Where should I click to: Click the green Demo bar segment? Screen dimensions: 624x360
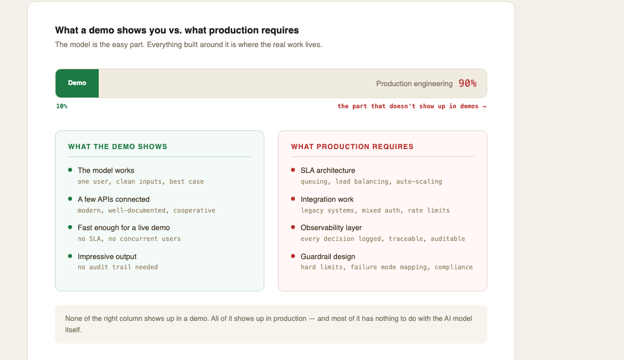point(77,83)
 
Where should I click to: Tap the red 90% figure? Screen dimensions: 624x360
point(467,83)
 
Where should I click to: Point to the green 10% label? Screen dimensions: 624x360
point(62,106)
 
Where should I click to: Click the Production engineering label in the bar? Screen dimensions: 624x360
point(414,83)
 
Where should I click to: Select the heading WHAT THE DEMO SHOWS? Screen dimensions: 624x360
point(117,147)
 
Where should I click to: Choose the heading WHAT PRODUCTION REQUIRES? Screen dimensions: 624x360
point(352,147)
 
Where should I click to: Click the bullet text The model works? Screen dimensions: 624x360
point(106,170)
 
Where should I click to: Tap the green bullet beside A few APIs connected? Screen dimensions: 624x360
point(70,198)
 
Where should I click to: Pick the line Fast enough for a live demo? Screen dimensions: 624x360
point(124,227)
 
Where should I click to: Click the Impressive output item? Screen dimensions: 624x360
point(107,257)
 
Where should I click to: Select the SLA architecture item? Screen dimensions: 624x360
point(328,170)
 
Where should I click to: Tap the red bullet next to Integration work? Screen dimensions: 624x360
point(293,198)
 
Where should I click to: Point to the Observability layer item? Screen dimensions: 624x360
point(331,227)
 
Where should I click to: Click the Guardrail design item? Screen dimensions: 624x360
point(328,257)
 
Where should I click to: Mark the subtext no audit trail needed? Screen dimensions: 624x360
point(118,268)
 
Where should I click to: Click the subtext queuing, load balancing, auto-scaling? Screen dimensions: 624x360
point(372,181)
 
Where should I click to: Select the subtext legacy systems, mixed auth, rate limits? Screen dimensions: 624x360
point(376,210)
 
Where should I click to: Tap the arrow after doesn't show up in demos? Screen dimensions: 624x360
point(484,106)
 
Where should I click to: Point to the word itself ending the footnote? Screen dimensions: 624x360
point(73,330)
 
